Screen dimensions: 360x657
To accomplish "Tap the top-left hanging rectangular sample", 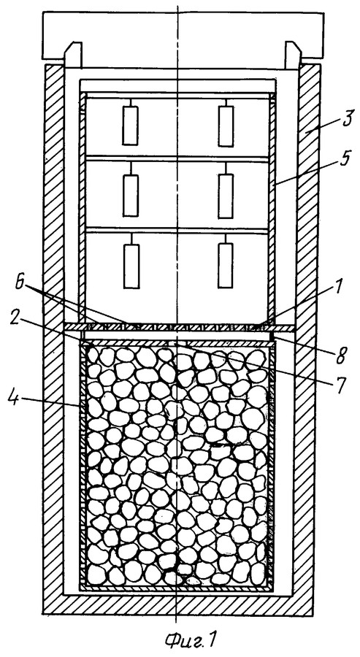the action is coord(130,125).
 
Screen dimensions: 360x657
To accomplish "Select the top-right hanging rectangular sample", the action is coord(226,126).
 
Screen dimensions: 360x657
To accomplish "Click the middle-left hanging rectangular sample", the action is coord(131,195).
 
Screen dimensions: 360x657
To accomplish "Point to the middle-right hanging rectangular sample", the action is coord(226,196).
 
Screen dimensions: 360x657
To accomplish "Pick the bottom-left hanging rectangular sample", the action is coord(131,266).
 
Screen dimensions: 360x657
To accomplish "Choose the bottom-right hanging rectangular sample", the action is coord(226,266).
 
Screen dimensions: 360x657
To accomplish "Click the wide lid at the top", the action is coord(183,36).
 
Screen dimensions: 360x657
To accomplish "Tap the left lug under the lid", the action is coord(72,55).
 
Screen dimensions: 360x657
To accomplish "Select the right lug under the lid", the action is coord(294,55).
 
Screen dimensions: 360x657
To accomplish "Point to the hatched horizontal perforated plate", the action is coord(180,327).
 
